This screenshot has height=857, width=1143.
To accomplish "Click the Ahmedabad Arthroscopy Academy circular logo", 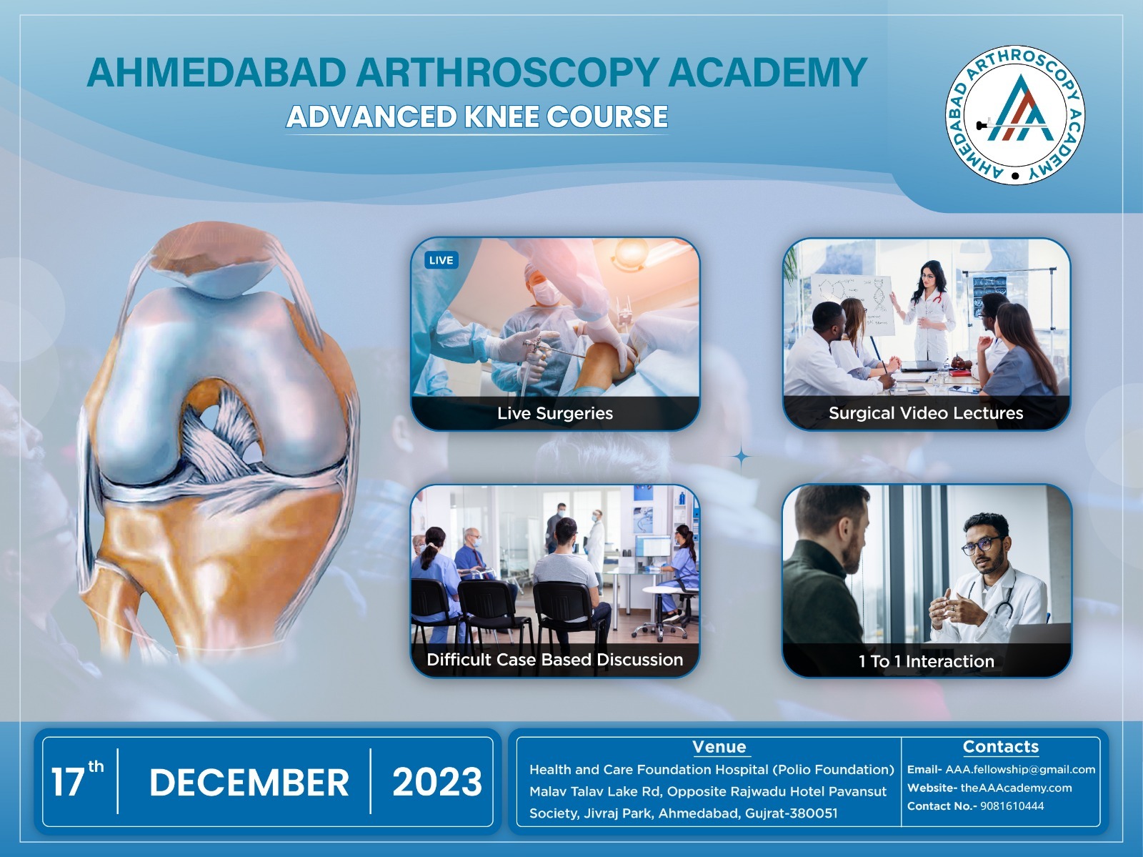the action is [x=1015, y=115].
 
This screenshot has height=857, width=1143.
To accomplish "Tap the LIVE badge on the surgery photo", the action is [x=441, y=260].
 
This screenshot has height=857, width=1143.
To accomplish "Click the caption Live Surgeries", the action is [x=554, y=414].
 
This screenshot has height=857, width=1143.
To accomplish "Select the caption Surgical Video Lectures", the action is [x=926, y=413].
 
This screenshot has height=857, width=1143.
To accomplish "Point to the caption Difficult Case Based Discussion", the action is [x=554, y=660].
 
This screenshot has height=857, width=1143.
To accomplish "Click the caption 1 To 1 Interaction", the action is [x=927, y=661].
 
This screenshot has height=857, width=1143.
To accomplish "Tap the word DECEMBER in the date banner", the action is [x=249, y=783].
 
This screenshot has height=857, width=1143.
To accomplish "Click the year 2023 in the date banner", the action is [x=437, y=782].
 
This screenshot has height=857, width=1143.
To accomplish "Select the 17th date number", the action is [x=77, y=779].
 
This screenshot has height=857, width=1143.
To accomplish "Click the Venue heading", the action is [x=719, y=746].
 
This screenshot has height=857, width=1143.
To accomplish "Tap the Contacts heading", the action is [x=1000, y=746].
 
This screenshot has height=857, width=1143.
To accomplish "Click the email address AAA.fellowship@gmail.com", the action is [x=1020, y=770].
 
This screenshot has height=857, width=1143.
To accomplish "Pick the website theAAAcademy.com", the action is [x=1016, y=788].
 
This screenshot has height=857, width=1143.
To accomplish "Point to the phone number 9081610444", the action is [x=1012, y=806].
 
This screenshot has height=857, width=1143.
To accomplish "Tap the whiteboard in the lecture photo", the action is [x=852, y=304].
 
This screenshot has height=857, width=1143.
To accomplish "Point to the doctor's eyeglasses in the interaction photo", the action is [x=982, y=545].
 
